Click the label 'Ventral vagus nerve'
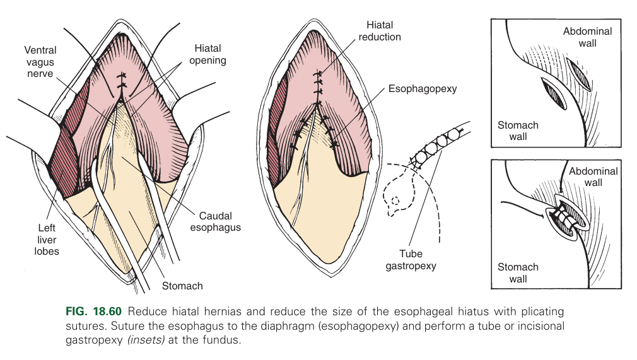click(x=40, y=61)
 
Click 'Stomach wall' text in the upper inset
click(x=518, y=131)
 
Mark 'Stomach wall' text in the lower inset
click(x=518, y=273)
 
